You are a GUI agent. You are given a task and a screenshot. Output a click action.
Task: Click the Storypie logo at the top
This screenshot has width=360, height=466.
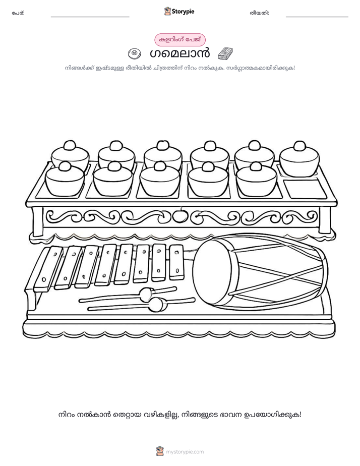coord(179,11)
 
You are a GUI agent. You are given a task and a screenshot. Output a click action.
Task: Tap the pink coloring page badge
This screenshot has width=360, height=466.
coord(180,39)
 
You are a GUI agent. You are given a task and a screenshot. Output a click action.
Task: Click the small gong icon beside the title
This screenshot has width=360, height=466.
coord(134,53)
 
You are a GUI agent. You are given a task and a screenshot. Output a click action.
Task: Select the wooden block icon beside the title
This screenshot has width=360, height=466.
coord(225,54)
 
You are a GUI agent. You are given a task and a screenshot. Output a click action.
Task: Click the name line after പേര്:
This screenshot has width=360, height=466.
coord(90,17)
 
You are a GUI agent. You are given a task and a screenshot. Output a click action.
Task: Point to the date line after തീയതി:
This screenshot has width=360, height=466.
coord(317,17)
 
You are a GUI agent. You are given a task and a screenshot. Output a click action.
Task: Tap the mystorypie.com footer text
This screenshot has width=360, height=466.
coord(185,452)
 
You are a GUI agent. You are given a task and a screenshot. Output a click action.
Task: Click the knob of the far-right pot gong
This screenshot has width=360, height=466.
coord(299,146)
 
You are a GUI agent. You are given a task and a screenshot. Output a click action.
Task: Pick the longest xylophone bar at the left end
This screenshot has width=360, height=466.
coord(48,269)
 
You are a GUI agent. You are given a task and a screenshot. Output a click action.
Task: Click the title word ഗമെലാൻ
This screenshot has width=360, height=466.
coord(179,53)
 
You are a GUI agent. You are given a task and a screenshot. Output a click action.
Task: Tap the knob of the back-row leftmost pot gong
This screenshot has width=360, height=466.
coord(70,145)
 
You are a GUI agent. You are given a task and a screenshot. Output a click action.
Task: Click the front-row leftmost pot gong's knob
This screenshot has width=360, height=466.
coord(65,166)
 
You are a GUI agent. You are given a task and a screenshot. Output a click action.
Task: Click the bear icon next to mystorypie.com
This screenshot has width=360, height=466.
coord(160,451)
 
